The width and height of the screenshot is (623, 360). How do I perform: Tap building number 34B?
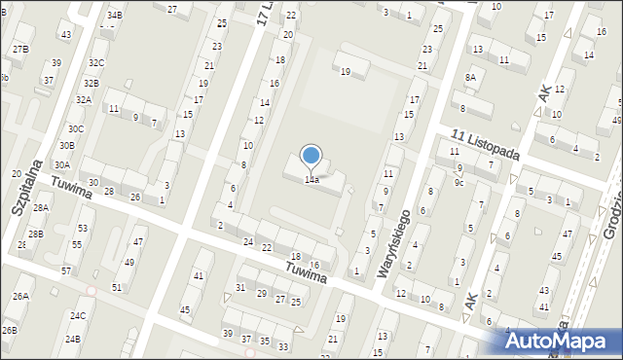(115, 16)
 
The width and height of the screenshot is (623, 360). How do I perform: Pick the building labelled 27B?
(20, 49)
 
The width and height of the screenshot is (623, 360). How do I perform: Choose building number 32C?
(95, 63)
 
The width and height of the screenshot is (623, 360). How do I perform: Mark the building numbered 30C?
(75, 129)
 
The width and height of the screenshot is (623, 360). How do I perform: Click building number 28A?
(41, 208)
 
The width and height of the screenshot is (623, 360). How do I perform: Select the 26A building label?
(20, 296)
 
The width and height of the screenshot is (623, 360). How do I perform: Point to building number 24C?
(77, 315)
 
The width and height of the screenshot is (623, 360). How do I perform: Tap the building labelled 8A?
(470, 77)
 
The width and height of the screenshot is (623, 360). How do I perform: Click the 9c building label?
(458, 182)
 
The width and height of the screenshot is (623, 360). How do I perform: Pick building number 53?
(83, 228)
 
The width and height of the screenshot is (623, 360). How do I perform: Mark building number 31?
(240, 287)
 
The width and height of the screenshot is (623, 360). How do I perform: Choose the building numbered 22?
(267, 248)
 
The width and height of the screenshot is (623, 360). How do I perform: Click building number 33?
(282, 346)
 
